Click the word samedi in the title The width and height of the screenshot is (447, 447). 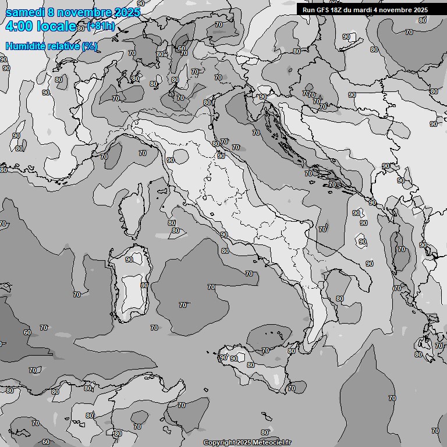24,12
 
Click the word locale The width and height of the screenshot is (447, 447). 56,26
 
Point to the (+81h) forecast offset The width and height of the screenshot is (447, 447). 101,26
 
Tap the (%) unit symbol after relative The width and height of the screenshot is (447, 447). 90,46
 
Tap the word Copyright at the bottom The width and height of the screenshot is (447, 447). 219,442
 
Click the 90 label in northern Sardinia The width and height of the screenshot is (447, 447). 129,260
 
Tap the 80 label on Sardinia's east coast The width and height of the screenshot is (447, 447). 144,285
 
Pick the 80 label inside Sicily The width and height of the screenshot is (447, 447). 250,365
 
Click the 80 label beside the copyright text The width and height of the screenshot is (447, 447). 265,432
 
